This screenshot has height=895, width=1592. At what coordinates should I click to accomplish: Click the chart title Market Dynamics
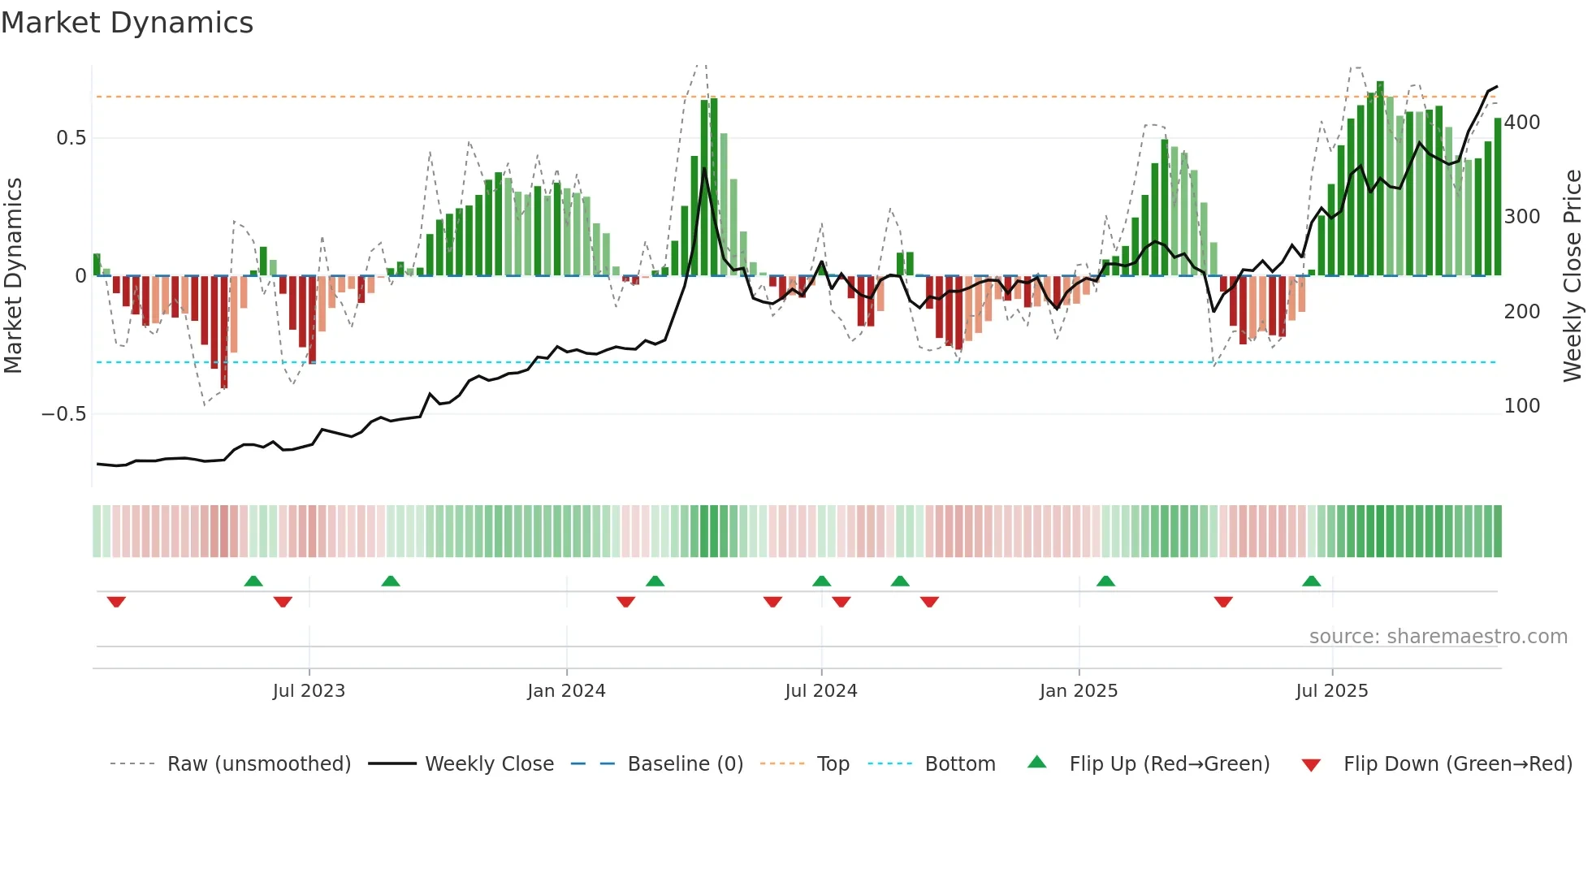(127, 23)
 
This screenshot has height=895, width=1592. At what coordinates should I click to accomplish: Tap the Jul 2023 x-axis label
(309, 691)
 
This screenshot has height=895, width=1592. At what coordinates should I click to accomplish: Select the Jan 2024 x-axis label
(566, 691)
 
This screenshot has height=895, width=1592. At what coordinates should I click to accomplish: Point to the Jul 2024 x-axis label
(821, 691)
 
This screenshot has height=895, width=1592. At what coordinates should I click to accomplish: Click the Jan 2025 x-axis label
(1079, 691)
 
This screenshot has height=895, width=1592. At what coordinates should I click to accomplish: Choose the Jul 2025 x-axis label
(1332, 691)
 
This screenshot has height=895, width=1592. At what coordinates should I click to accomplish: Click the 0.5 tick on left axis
(71, 138)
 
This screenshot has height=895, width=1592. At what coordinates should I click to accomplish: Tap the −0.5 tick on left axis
(63, 414)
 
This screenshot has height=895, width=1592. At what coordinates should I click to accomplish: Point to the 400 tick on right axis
(1522, 123)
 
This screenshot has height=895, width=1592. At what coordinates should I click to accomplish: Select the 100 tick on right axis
(1522, 406)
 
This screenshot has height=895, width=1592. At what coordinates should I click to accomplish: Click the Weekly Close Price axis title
(1573, 276)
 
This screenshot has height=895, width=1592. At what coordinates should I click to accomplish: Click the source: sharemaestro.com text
(1438, 637)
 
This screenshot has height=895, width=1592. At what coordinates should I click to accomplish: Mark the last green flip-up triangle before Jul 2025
(1311, 582)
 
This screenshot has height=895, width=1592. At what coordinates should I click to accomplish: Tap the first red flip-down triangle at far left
(116, 602)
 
